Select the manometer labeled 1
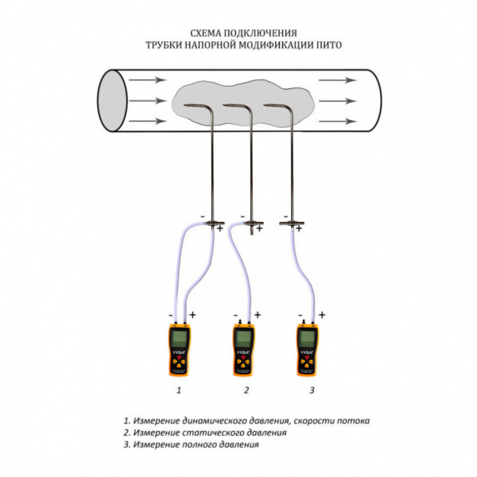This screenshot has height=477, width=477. (x=180, y=350)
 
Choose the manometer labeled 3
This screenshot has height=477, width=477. (x=308, y=350)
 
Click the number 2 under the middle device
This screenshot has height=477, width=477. (x=246, y=390)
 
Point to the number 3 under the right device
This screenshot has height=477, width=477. (x=312, y=390)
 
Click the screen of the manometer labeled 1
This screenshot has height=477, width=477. (x=180, y=341)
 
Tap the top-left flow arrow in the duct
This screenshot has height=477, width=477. (x=147, y=80)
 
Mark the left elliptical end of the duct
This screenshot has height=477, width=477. (x=113, y=101)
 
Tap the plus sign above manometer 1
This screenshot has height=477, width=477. (x=192, y=315)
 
